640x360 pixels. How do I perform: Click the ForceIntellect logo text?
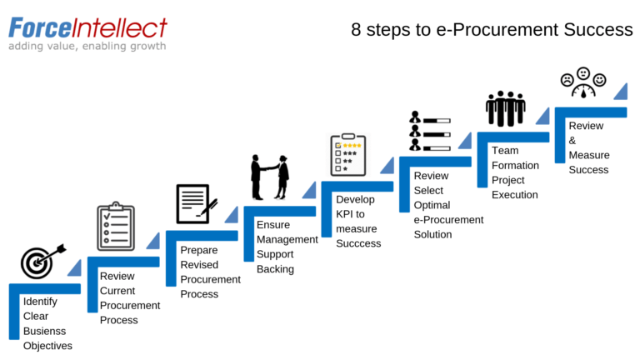(87, 27)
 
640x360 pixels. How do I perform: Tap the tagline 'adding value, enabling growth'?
(87, 47)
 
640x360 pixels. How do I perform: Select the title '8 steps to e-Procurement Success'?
(491, 30)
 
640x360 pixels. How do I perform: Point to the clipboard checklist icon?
(115, 226)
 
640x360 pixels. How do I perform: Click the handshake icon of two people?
(270, 177)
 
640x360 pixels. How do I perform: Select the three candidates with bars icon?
(429, 132)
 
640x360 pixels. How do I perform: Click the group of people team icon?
(507, 109)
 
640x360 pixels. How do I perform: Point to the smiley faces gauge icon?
(582, 84)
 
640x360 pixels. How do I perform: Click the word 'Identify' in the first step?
(40, 302)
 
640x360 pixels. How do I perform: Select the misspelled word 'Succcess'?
(358, 244)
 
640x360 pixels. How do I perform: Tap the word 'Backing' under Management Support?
(275, 269)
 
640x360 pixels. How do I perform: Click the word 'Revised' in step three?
(199, 264)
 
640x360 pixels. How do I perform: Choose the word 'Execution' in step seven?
(514, 195)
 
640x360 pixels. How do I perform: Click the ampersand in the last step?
(572, 140)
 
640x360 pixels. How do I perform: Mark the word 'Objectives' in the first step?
(47, 346)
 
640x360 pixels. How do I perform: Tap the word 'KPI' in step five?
(344, 214)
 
